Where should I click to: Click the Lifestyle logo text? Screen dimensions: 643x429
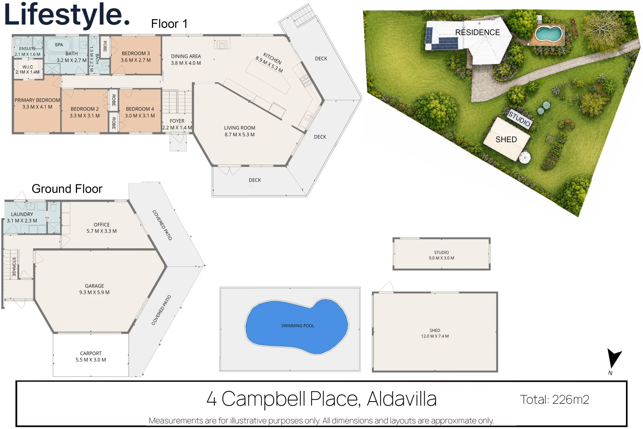coord(67,15)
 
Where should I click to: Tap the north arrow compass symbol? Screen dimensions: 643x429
coord(614,358)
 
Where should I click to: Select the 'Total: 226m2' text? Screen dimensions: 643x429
coord(554,400)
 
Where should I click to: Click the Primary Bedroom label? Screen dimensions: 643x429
coord(37,100)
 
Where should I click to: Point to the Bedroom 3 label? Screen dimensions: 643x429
coord(136,54)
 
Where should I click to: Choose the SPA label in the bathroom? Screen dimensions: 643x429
coord(59,45)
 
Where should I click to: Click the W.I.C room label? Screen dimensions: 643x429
coord(27,67)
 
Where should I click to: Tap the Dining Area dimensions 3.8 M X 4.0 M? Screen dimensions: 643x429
coord(186,63)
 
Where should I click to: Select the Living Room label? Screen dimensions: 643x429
coord(240,128)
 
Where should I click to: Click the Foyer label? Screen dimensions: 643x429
coord(177,121)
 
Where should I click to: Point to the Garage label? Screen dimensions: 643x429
coord(94,286)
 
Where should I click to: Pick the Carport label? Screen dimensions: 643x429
coord(91,354)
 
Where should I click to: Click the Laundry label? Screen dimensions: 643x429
coord(22,214)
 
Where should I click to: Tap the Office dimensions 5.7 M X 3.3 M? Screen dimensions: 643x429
coord(102,231)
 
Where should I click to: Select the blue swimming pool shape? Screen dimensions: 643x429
coord(297,327)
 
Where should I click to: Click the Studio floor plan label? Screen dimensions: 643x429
coord(441,253)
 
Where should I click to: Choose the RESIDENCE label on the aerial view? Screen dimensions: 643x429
coord(477,32)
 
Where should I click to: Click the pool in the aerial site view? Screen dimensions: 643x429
coord(548,34)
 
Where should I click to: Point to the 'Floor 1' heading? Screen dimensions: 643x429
coord(169,24)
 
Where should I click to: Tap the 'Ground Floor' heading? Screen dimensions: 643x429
coord(67,189)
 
